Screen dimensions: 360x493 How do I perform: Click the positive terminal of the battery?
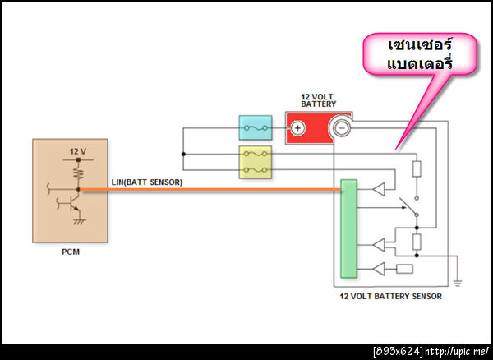click(x=297, y=127)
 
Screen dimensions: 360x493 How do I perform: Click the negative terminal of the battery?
click(x=339, y=127)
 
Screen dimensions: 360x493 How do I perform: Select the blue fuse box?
click(x=254, y=127)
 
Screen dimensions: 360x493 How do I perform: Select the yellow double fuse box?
click(x=254, y=162)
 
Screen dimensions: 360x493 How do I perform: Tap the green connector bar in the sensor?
click(x=349, y=228)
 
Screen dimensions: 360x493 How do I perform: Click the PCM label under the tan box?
click(x=70, y=252)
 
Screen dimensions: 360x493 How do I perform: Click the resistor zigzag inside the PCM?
click(x=77, y=173)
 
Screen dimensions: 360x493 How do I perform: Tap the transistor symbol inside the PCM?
click(x=74, y=196)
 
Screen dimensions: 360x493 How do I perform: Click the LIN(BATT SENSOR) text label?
click(x=147, y=182)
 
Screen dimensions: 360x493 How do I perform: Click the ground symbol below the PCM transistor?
click(x=79, y=222)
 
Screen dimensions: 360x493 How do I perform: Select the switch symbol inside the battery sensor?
click(x=408, y=207)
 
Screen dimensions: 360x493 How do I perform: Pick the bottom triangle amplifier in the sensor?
click(x=378, y=268)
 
